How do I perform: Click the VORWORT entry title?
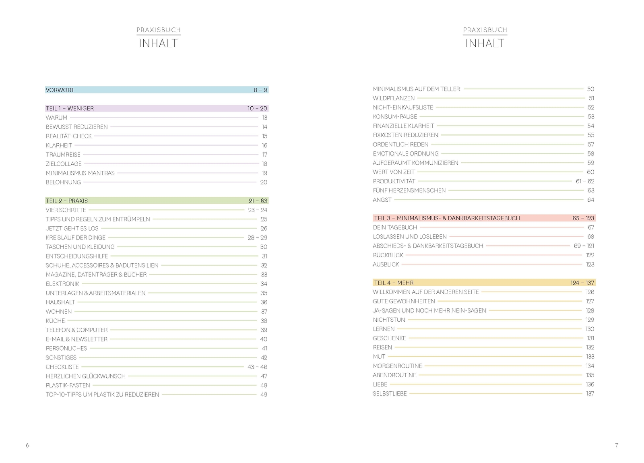tap(60, 90)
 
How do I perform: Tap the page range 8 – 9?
tap(260, 90)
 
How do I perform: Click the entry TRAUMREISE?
tap(63, 155)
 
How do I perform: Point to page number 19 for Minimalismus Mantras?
tap(264, 173)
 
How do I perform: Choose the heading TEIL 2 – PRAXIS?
tap(67, 200)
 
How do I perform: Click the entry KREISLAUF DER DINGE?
tap(76, 238)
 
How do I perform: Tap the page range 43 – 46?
tap(257, 367)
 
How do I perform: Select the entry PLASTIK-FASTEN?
tap(68, 385)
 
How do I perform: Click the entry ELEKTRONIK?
tap(62, 284)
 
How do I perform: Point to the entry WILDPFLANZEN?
tap(394, 98)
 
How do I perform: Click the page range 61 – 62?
tap(585, 181)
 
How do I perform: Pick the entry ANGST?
tap(382, 200)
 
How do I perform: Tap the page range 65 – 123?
tap(583, 218)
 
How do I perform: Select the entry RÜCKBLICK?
tap(388, 255)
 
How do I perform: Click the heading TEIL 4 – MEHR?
tap(394, 283)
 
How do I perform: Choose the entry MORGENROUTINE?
tap(397, 366)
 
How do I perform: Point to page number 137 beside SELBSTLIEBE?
tap(590, 394)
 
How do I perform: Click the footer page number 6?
tap(27, 445)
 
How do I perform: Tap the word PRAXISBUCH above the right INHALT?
tap(485, 30)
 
